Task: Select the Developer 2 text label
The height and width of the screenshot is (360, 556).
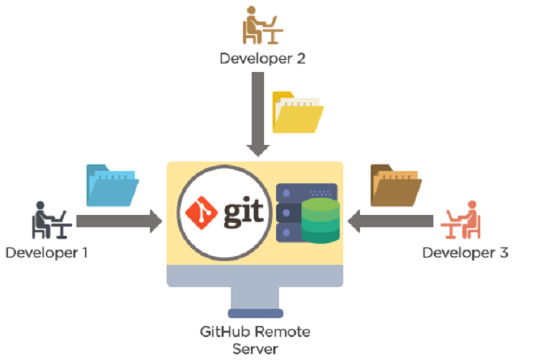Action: click(262, 58)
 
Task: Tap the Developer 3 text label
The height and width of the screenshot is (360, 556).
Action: click(465, 253)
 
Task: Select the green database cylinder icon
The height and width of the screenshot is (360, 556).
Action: click(319, 219)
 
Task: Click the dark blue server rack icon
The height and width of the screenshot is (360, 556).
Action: click(288, 213)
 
